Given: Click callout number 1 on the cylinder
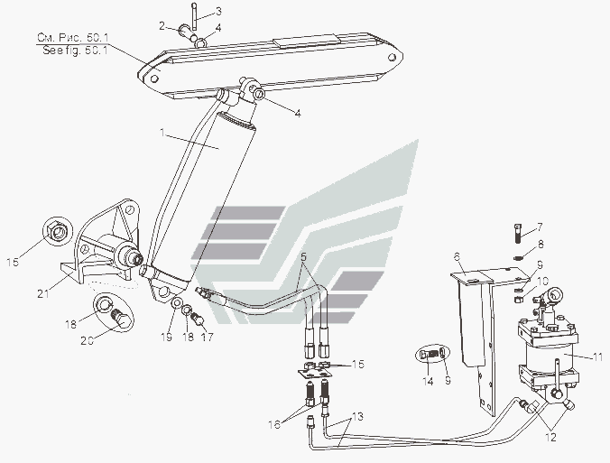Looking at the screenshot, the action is point(162,133).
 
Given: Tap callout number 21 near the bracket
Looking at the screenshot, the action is point(42,292).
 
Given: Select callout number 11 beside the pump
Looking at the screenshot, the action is point(597,357).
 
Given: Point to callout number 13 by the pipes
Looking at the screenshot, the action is point(357,417).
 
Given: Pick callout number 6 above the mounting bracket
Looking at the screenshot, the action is point(457,257).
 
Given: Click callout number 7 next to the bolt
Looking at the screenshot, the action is point(540,227).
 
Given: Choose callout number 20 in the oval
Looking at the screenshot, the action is point(87,340).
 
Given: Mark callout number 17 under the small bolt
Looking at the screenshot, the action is point(208,337).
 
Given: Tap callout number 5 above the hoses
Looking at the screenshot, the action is point(303,257).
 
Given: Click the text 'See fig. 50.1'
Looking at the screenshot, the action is point(75,51).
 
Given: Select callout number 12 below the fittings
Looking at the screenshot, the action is point(550,437).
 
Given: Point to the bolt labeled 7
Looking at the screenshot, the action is point(517,234).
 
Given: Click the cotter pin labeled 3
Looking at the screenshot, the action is point(195,16).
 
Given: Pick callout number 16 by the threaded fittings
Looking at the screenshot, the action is point(274,424).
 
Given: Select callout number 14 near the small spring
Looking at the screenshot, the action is point(428,381).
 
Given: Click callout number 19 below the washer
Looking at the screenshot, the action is point(167,337).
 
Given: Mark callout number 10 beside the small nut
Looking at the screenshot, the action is point(543,281).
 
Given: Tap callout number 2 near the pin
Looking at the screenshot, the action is point(162,26).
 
